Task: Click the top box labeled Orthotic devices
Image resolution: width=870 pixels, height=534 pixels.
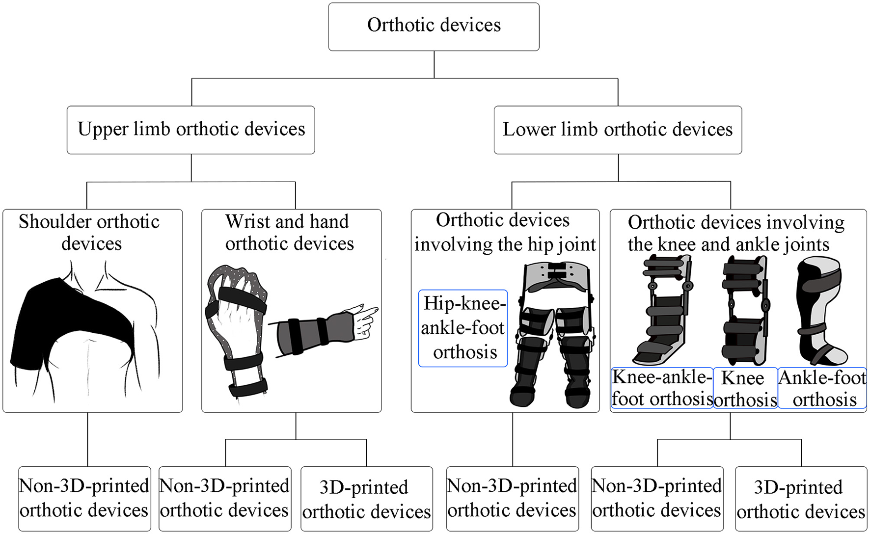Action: point(434,27)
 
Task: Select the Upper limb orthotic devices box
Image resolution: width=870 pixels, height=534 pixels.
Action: point(190,130)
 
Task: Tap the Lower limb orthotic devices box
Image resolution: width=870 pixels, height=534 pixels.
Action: point(617,130)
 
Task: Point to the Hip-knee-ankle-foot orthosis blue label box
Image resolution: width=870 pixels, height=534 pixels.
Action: point(462,328)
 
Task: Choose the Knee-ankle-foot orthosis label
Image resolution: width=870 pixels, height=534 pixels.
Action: point(661,388)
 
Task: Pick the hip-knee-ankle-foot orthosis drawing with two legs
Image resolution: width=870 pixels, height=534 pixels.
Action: point(552,334)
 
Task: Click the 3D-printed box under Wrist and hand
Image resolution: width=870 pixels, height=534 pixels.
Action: point(366,499)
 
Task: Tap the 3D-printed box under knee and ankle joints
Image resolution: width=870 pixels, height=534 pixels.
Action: point(801,499)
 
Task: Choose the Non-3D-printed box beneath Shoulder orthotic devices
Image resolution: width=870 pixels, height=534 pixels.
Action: point(84,499)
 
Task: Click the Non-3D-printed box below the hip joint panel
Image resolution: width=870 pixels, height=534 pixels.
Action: point(512,499)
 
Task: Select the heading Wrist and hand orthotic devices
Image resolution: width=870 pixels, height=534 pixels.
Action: point(289,233)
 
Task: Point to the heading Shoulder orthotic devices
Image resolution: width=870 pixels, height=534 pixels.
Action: point(90,233)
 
